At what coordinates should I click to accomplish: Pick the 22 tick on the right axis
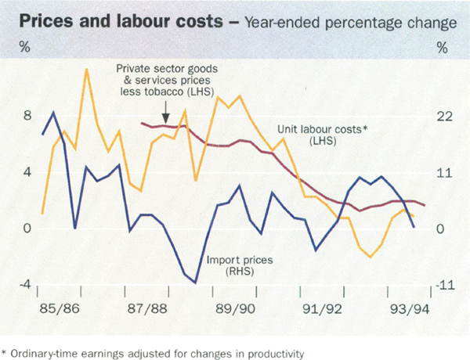point(445,117)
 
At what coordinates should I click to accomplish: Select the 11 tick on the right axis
point(444,173)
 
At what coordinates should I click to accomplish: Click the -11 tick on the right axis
point(443,286)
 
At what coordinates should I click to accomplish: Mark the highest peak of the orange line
point(86,70)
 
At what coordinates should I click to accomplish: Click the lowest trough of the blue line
point(195,283)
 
